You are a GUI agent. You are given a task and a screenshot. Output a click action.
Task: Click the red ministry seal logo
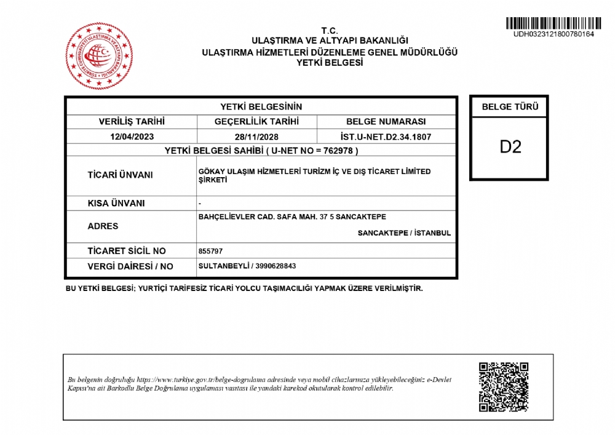pyautogui.click(x=99, y=56)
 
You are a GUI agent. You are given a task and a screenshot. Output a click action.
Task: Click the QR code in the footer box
pyautogui.click(x=504, y=387)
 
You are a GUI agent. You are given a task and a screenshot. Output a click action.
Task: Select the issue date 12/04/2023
pyautogui.click(x=132, y=137)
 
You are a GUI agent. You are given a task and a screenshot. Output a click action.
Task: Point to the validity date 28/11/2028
pyautogui.click(x=256, y=137)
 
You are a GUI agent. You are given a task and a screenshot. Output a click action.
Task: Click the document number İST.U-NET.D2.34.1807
pyautogui.click(x=386, y=137)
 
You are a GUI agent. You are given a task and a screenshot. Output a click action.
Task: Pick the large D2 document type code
pyautogui.click(x=510, y=147)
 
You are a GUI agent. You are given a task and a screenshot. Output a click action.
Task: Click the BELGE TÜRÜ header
pyautogui.click(x=510, y=106)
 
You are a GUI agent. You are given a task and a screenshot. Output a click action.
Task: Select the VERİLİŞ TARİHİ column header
pyautogui.click(x=132, y=122)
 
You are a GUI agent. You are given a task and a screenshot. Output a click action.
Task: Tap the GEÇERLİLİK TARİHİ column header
pyautogui.click(x=256, y=122)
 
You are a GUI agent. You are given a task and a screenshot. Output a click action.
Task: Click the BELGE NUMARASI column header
pyautogui.click(x=386, y=122)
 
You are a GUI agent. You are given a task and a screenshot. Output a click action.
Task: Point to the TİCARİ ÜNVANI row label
pyautogui.click(x=120, y=175)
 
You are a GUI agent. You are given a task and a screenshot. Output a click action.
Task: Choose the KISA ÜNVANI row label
pyautogui.click(x=116, y=203)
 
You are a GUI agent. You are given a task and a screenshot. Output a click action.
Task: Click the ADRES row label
pyautogui.click(x=103, y=226)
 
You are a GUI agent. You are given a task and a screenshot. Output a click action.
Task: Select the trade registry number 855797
pyautogui.click(x=211, y=251)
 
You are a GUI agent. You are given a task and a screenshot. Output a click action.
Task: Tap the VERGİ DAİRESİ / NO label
pyautogui.click(x=130, y=266)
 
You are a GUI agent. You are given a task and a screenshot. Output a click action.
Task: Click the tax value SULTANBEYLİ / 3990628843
pyautogui.click(x=247, y=266)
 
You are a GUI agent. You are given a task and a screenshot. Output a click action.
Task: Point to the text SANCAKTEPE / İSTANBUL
pyautogui.click(x=404, y=233)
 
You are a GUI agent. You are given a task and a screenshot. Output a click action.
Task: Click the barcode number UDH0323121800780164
pyautogui.click(x=553, y=34)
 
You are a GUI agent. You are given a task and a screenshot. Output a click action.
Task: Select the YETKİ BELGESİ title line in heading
pyautogui.click(x=330, y=62)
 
